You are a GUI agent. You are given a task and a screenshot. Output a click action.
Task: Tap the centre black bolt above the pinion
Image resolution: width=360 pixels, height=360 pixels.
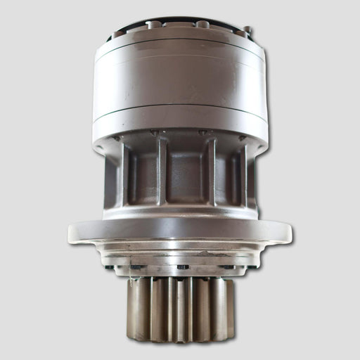[183, 266]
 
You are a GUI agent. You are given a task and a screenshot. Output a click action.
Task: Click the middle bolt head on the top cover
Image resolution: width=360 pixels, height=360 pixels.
[202, 24]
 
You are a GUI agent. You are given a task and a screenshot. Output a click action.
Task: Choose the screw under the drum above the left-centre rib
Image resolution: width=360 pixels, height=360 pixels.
[154, 132]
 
